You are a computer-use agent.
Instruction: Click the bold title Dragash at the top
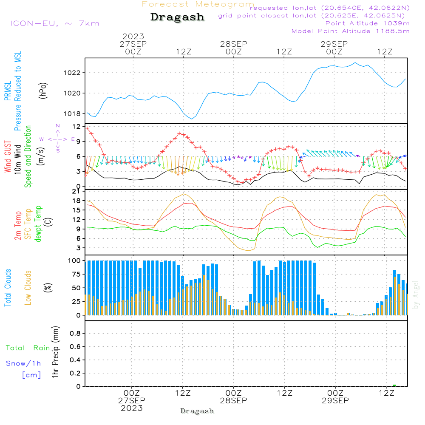coord(177,17)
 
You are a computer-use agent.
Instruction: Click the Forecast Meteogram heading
coord(198,4)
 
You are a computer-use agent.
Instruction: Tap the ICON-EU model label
coord(55,23)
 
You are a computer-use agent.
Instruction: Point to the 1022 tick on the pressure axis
coord(72,73)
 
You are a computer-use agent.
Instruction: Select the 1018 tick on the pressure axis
coord(72,113)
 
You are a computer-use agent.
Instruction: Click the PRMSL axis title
coord(8,91)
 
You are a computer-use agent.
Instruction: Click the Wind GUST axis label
coord(8,156)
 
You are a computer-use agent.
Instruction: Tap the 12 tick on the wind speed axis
coord(76,127)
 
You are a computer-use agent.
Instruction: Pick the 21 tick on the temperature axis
coord(76,191)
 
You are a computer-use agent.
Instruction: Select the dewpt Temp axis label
coord(38,224)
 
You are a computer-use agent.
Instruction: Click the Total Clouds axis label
coord(8,288)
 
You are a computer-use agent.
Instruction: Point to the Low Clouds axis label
coord(28,288)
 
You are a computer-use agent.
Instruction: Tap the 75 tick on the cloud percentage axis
coord(76,274)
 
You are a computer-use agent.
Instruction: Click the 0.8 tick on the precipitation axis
coord(75,333)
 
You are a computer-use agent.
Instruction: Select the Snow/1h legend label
coord(23,363)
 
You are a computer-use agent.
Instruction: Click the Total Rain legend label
coord(28,348)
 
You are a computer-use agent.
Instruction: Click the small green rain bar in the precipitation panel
coord(395,385)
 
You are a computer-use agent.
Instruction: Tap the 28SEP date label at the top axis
coord(234,44)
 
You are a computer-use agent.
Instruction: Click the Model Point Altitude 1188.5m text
coord(351,31)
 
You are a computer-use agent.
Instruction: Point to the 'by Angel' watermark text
coord(416,295)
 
